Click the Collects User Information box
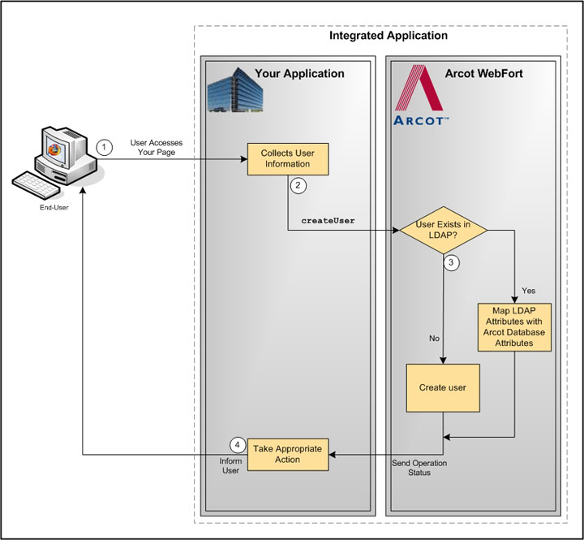pyautogui.click(x=288, y=158)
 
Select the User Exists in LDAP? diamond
pyautogui.click(x=444, y=231)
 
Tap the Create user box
pyautogui.click(x=442, y=387)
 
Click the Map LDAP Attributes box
pyautogui.click(x=514, y=326)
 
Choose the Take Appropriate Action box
pyautogui.click(x=287, y=454)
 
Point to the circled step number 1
pyautogui.click(x=103, y=147)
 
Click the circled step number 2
pyautogui.click(x=298, y=186)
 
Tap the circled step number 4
pyautogui.click(x=237, y=445)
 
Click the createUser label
pyautogui.click(x=328, y=220)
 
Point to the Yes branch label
pyautogui.click(x=528, y=290)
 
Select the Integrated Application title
pyautogui.click(x=388, y=36)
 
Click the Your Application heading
pyautogui.click(x=299, y=74)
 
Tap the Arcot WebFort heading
pyautogui.click(x=483, y=74)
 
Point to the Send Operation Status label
pyautogui.click(x=419, y=467)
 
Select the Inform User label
pyautogui.click(x=231, y=465)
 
